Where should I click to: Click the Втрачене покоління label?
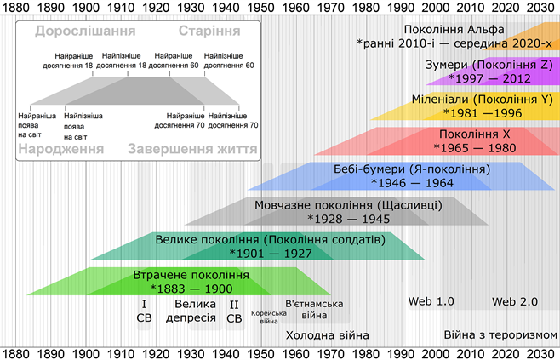pyautogui.click(x=191, y=276)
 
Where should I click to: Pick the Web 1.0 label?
pyautogui.click(x=431, y=301)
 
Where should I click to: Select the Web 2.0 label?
pyautogui.click(x=515, y=301)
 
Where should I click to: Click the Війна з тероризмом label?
pyautogui.click(x=500, y=334)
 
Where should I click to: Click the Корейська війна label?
pyautogui.click(x=264, y=317)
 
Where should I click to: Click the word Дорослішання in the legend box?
pyautogui.click(x=86, y=32)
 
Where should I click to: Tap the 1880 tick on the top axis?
pyautogui.click(x=15, y=8)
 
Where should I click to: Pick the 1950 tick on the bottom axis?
pyautogui.click(x=261, y=352)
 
